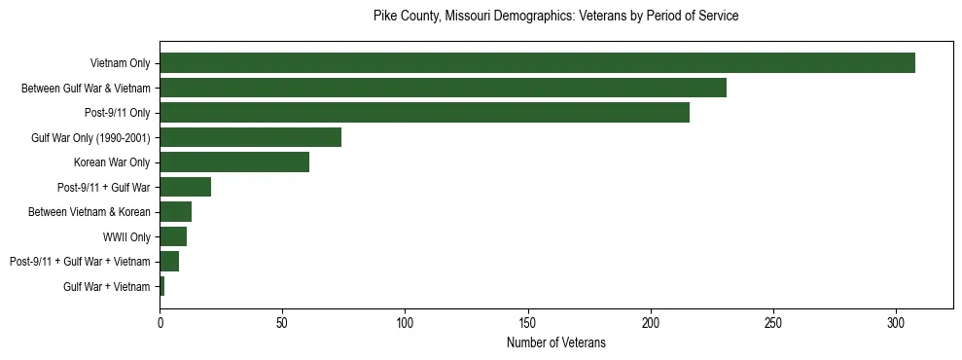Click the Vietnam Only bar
537,63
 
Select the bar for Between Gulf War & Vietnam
443,88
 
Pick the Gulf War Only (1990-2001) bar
250,137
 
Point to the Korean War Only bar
234,162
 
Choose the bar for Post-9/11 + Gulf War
185,187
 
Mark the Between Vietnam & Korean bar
175,212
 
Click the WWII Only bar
173,236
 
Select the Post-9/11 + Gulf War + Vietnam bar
169,262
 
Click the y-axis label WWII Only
126,236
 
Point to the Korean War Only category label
112,162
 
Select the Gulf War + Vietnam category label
106,286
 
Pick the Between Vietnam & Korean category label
89,212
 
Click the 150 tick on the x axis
527,322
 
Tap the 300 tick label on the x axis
896,322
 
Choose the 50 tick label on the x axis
282,322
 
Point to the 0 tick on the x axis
160,322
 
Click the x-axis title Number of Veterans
556,342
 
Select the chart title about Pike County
556,17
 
